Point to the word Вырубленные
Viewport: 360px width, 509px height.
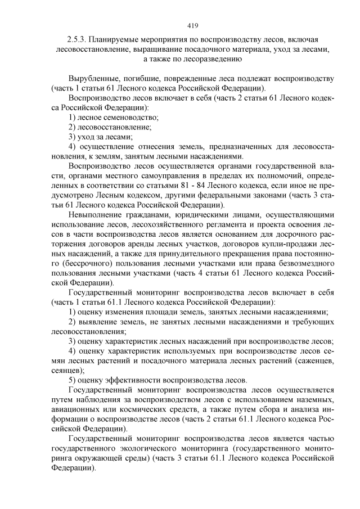click(94, 78)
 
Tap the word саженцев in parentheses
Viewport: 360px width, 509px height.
click(312, 360)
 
